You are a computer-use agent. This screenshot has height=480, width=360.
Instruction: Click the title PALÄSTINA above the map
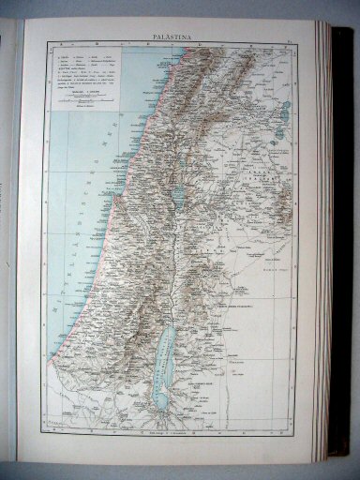point(167,38)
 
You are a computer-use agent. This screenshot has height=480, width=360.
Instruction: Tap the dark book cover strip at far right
point(343,244)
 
